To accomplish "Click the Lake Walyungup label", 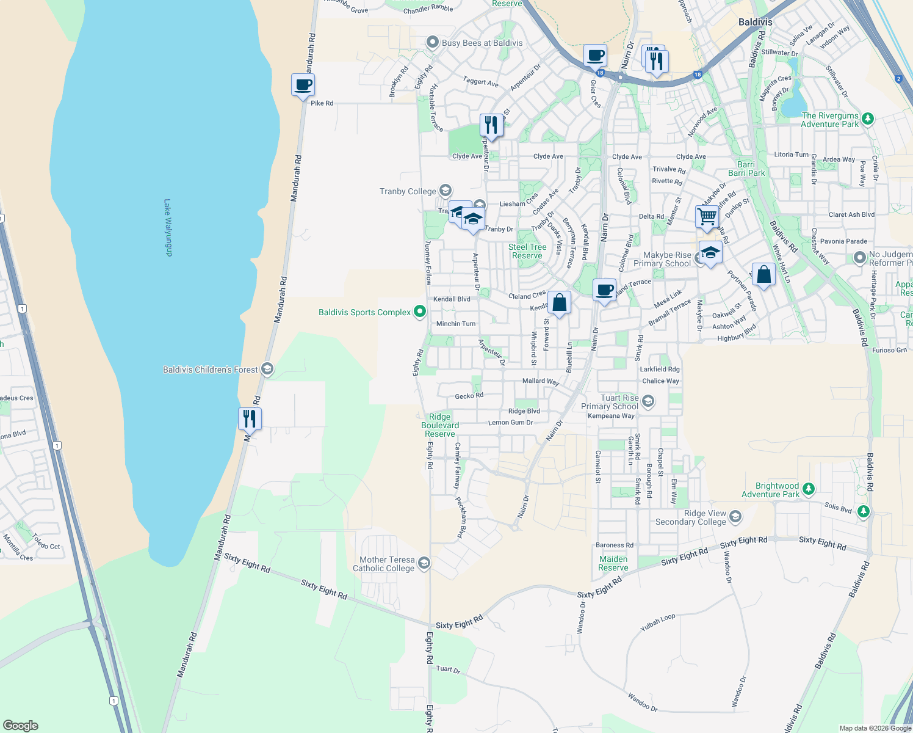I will [x=168, y=227].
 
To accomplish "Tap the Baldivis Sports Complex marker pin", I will [x=420, y=312].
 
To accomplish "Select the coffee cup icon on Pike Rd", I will [x=303, y=85].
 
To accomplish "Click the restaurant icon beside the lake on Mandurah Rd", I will [x=250, y=418].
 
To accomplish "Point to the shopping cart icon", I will [x=707, y=216].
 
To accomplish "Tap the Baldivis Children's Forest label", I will [x=210, y=370].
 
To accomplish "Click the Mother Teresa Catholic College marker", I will [x=424, y=563].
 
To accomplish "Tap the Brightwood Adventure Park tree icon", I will [x=809, y=489].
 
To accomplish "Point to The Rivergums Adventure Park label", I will [x=829, y=120].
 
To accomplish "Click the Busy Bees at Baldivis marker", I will [x=433, y=42].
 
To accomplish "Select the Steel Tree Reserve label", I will [x=527, y=251].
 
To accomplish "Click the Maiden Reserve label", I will [x=613, y=563].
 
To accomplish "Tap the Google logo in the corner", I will [x=20, y=725].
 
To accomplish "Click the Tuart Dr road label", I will [x=448, y=669].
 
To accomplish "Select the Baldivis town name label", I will [x=755, y=22].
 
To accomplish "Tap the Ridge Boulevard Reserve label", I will [x=439, y=425].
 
